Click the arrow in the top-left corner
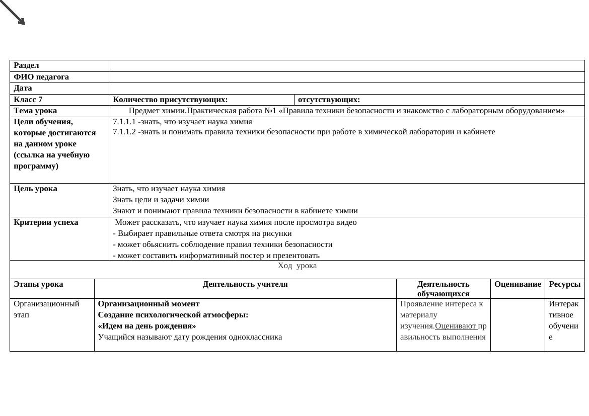pos(13,12)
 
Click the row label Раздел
pos(26,65)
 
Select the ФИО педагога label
pos(41,77)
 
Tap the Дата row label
pos(23,88)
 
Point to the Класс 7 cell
pos(28,100)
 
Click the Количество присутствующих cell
pos(170,100)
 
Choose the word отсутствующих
pos(329,100)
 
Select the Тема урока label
pos(35,111)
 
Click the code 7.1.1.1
pos(124,122)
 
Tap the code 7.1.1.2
pos(124,132)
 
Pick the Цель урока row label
pos(35,189)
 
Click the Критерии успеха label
pos(46,222)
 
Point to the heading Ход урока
pos(297,266)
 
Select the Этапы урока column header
pos(38,284)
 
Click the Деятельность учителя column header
pos(245,284)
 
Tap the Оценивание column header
pos(518,284)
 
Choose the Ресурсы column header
pos(564,284)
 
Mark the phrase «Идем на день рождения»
pos(147,326)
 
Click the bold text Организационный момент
pos(149,304)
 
